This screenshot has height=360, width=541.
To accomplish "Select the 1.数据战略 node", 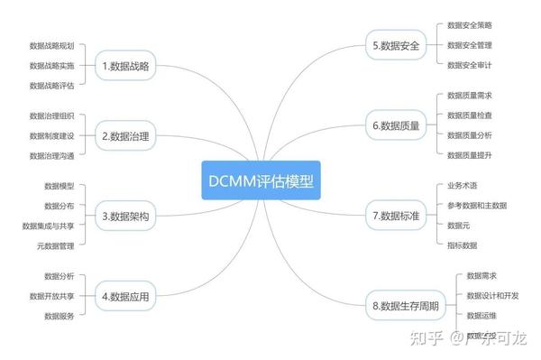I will coord(126,65).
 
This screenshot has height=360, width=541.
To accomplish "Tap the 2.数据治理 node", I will coord(126,136).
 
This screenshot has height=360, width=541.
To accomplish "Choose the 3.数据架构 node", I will coord(126,216).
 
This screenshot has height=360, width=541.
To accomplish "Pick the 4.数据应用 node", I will coord(126,295).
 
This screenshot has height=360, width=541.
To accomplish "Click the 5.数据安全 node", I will coord(396,44).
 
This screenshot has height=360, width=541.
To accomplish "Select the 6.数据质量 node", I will coord(396,125).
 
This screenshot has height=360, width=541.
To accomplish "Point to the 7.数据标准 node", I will coord(396,215).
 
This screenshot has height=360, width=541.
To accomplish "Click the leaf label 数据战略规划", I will coord(51,45).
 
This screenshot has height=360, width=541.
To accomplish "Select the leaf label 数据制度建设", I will coord(51,136).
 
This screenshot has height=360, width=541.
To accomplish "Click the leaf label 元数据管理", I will coord(55,245).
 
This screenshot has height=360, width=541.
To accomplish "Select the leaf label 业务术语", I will coord(463,186).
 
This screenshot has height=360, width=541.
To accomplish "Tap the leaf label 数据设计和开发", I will coord(492,296).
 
